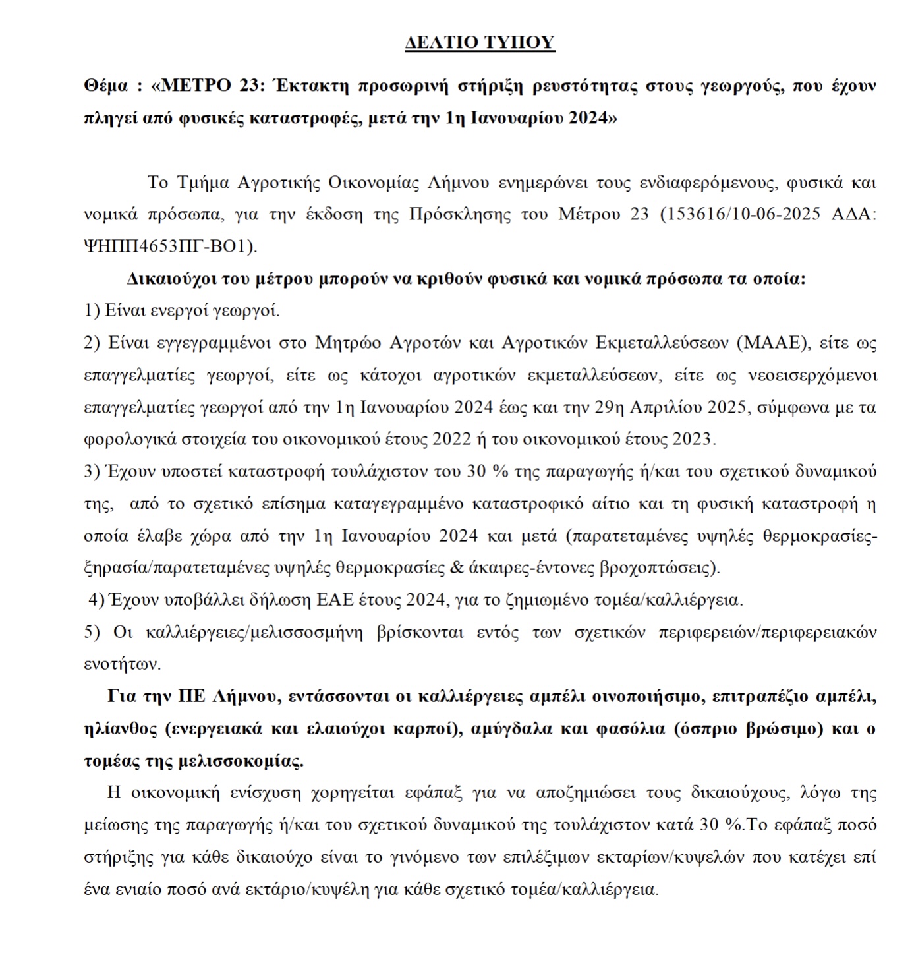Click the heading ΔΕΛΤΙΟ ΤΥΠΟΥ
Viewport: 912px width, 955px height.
pyautogui.click(x=480, y=42)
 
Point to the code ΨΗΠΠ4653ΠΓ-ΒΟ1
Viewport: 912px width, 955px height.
pyautogui.click(x=168, y=246)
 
